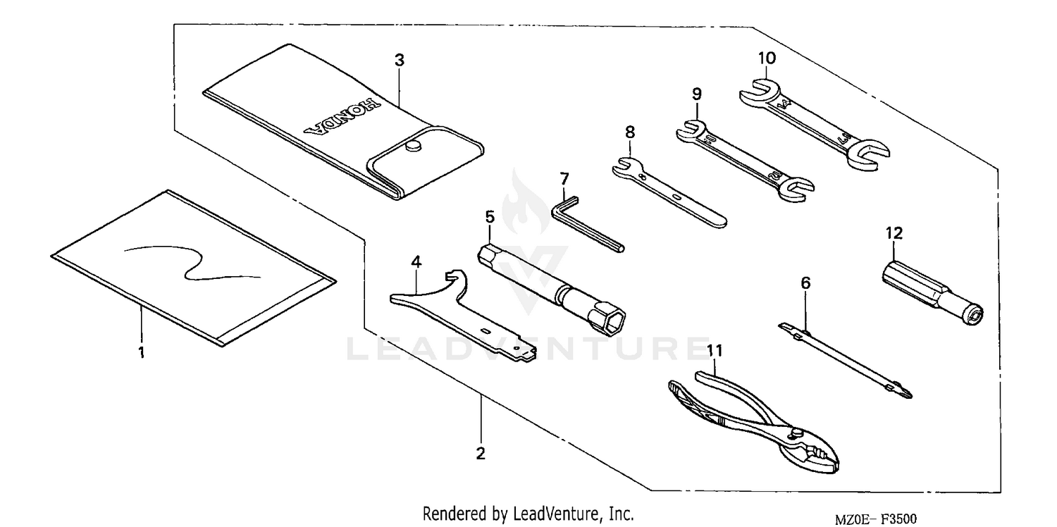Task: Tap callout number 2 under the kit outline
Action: pos(481,454)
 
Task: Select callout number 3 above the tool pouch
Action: pos(399,61)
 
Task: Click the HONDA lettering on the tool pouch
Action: pos(342,116)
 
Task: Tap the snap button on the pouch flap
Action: pos(413,146)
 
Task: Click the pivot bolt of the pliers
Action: pos(799,432)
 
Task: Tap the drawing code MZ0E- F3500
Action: pos(876,519)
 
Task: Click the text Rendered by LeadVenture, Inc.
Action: pos(528,514)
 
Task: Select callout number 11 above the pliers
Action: pos(715,350)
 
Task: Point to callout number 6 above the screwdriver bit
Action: pos(805,283)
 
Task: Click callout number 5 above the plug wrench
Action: pos(489,214)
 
